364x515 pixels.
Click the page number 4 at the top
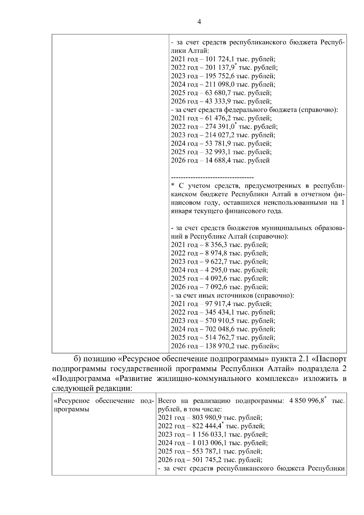[199, 22]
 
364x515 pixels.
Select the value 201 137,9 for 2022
[220, 68]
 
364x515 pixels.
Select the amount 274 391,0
[220, 127]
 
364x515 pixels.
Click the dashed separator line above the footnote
[212, 177]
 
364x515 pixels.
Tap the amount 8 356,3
[216, 245]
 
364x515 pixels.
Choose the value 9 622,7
[216, 262]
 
